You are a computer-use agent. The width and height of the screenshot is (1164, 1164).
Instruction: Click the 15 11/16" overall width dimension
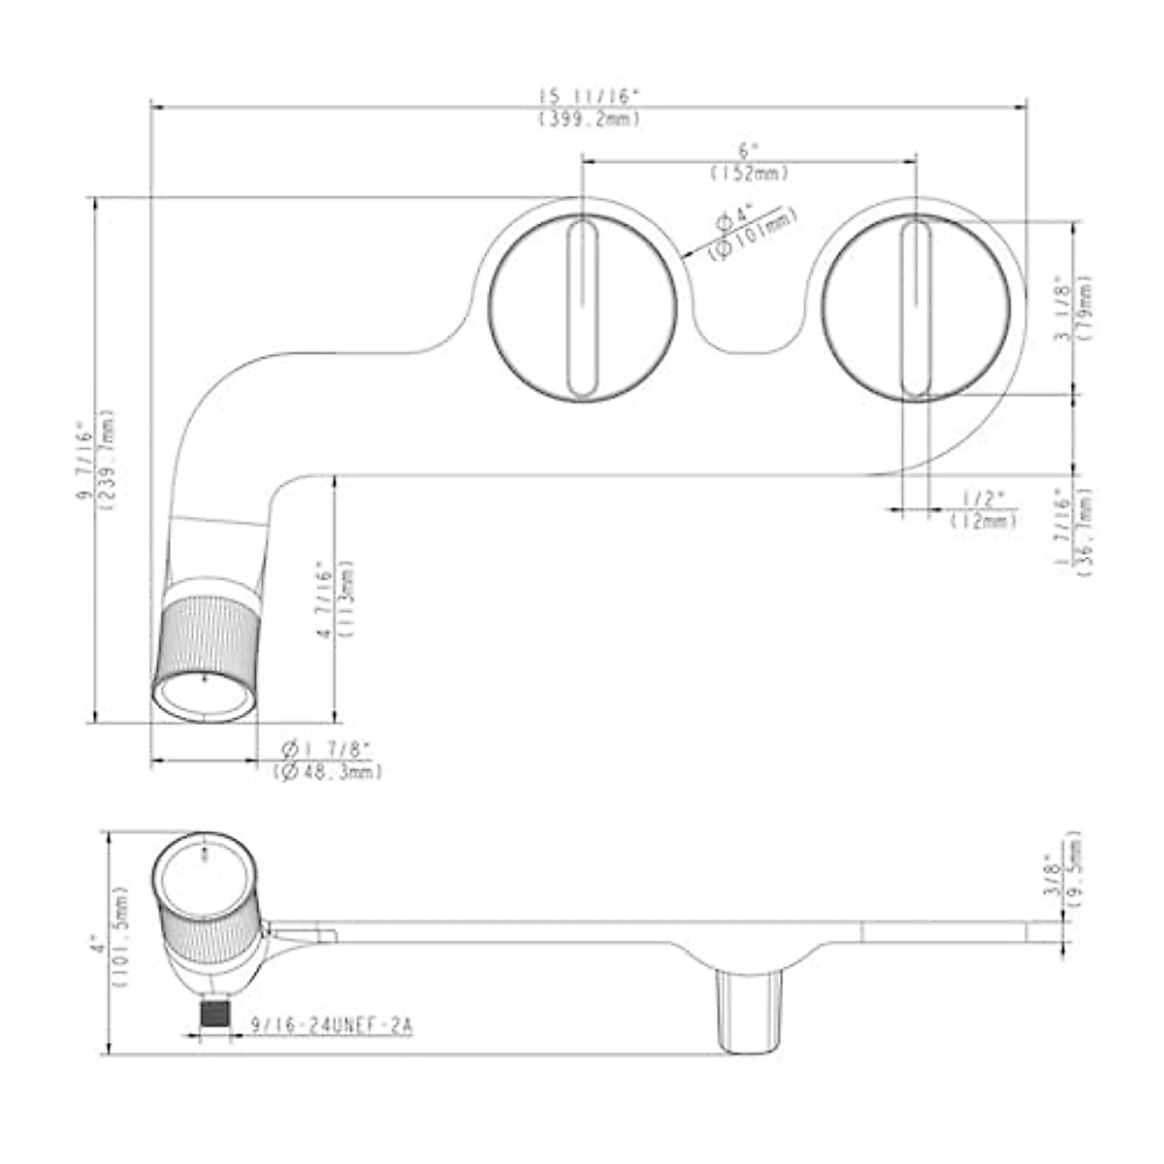tap(590, 96)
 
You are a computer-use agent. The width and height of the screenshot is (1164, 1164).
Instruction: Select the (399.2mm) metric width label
tap(590, 118)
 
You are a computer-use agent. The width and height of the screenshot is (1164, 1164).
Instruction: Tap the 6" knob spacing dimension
tap(746, 151)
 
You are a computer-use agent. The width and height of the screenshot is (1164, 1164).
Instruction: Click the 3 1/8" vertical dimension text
tap(1064, 309)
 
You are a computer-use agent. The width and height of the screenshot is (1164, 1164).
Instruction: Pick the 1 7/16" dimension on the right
tap(1064, 531)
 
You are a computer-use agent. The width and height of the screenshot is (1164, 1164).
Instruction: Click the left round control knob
tap(582, 307)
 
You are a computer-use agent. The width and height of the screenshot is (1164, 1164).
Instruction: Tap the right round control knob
tap(916, 307)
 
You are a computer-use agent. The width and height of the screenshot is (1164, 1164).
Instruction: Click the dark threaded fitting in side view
tap(214, 1014)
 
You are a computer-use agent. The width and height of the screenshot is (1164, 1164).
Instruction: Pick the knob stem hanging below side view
tap(748, 1009)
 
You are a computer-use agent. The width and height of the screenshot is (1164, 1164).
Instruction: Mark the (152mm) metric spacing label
tap(748, 173)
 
